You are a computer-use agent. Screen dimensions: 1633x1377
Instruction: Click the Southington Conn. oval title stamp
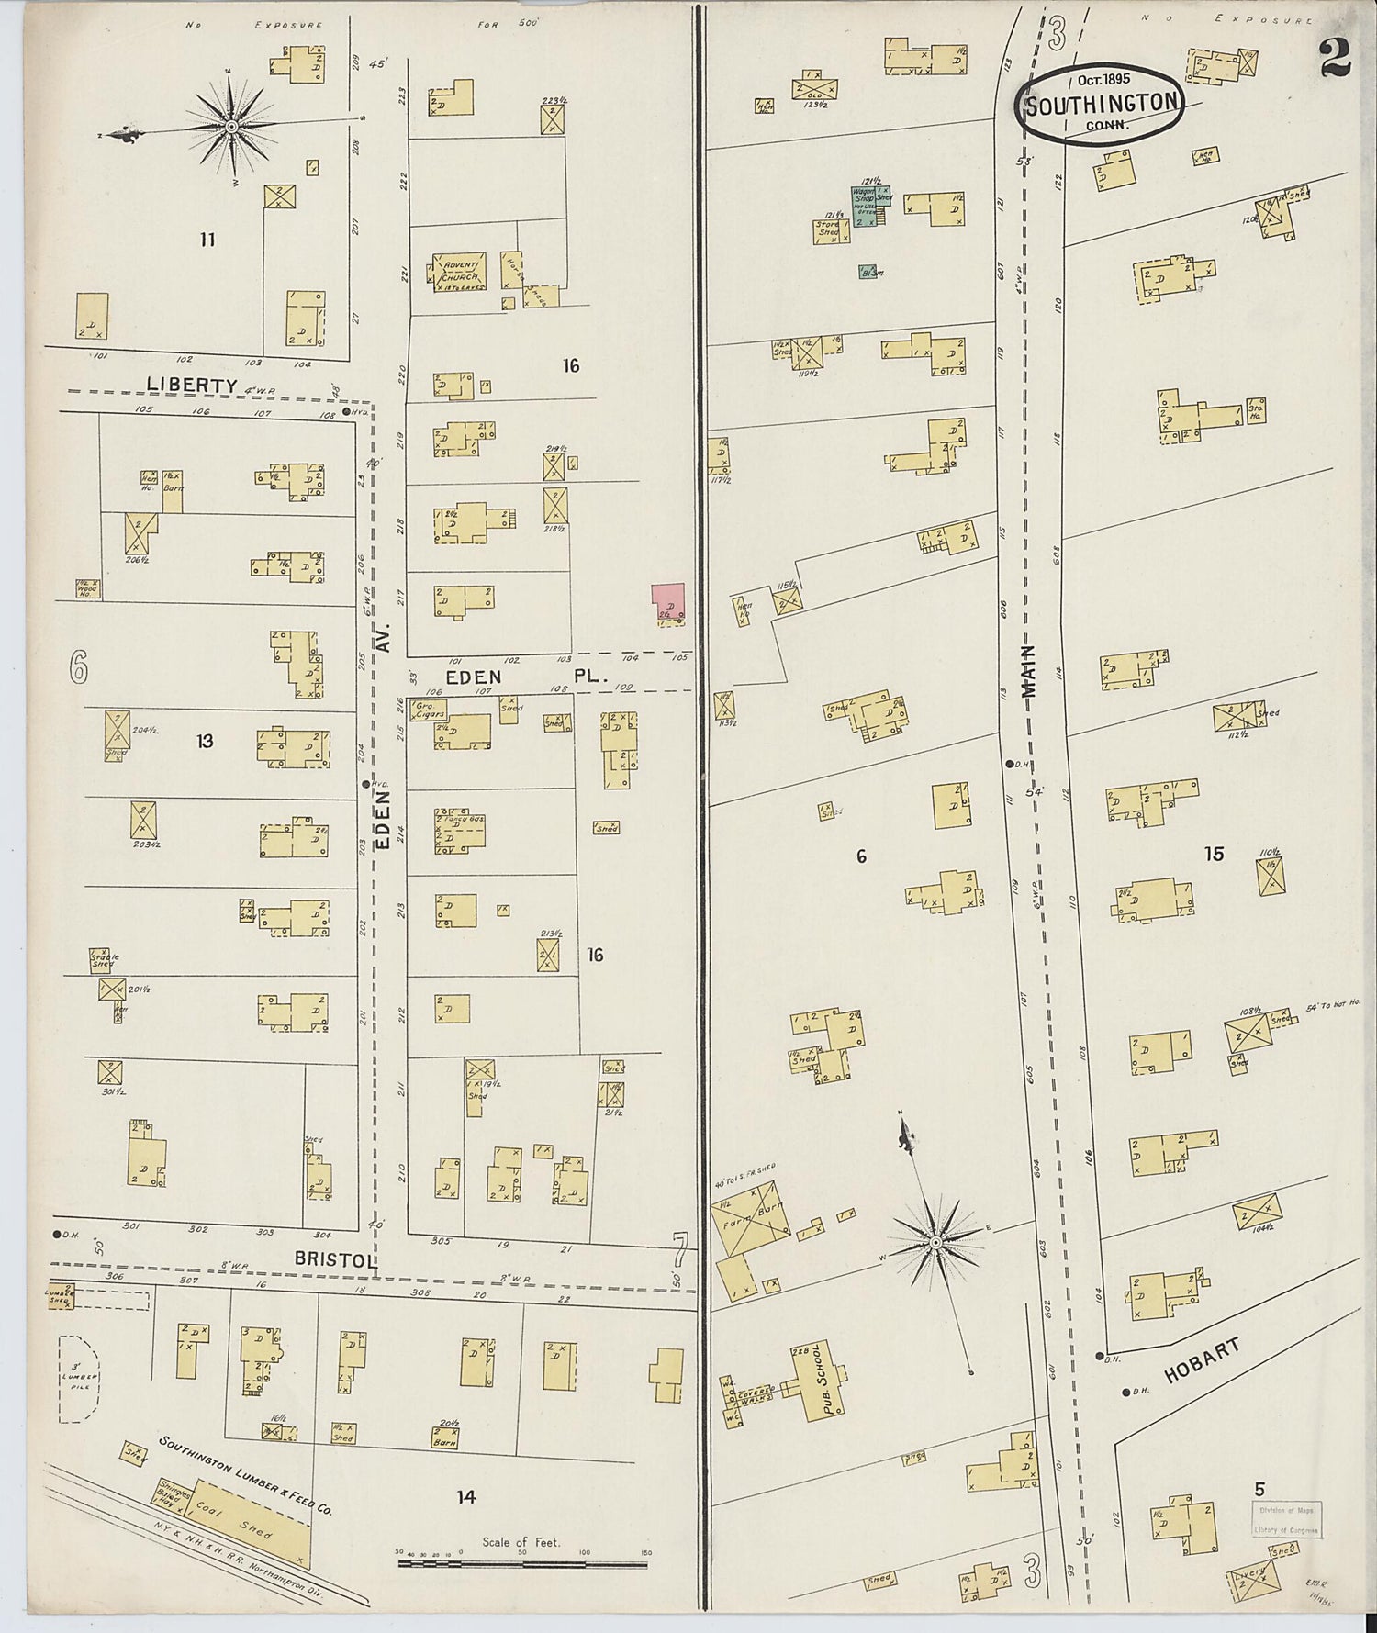tap(1100, 104)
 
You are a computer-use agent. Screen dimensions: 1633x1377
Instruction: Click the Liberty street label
tap(192, 385)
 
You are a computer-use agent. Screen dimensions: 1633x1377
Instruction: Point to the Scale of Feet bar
tap(521, 1560)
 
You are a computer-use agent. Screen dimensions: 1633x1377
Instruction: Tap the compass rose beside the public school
tap(934, 1243)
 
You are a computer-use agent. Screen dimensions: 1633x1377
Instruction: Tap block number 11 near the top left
tap(207, 240)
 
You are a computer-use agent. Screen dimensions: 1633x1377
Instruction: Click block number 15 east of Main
tap(1214, 854)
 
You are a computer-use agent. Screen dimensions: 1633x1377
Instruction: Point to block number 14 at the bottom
tap(466, 1496)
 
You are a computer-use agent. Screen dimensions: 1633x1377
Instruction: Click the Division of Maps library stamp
tap(1285, 1520)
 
